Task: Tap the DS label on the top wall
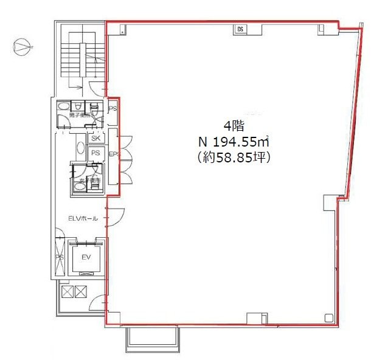[x=241, y=29]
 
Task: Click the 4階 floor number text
[x=232, y=127]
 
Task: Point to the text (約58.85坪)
[x=232, y=156]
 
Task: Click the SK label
[x=95, y=139]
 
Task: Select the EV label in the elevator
[x=86, y=258]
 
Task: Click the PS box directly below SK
[x=95, y=153]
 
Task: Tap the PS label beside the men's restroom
[x=112, y=109]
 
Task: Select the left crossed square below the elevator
[x=67, y=292]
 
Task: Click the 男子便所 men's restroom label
[x=80, y=114]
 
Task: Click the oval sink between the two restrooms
[x=80, y=148]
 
